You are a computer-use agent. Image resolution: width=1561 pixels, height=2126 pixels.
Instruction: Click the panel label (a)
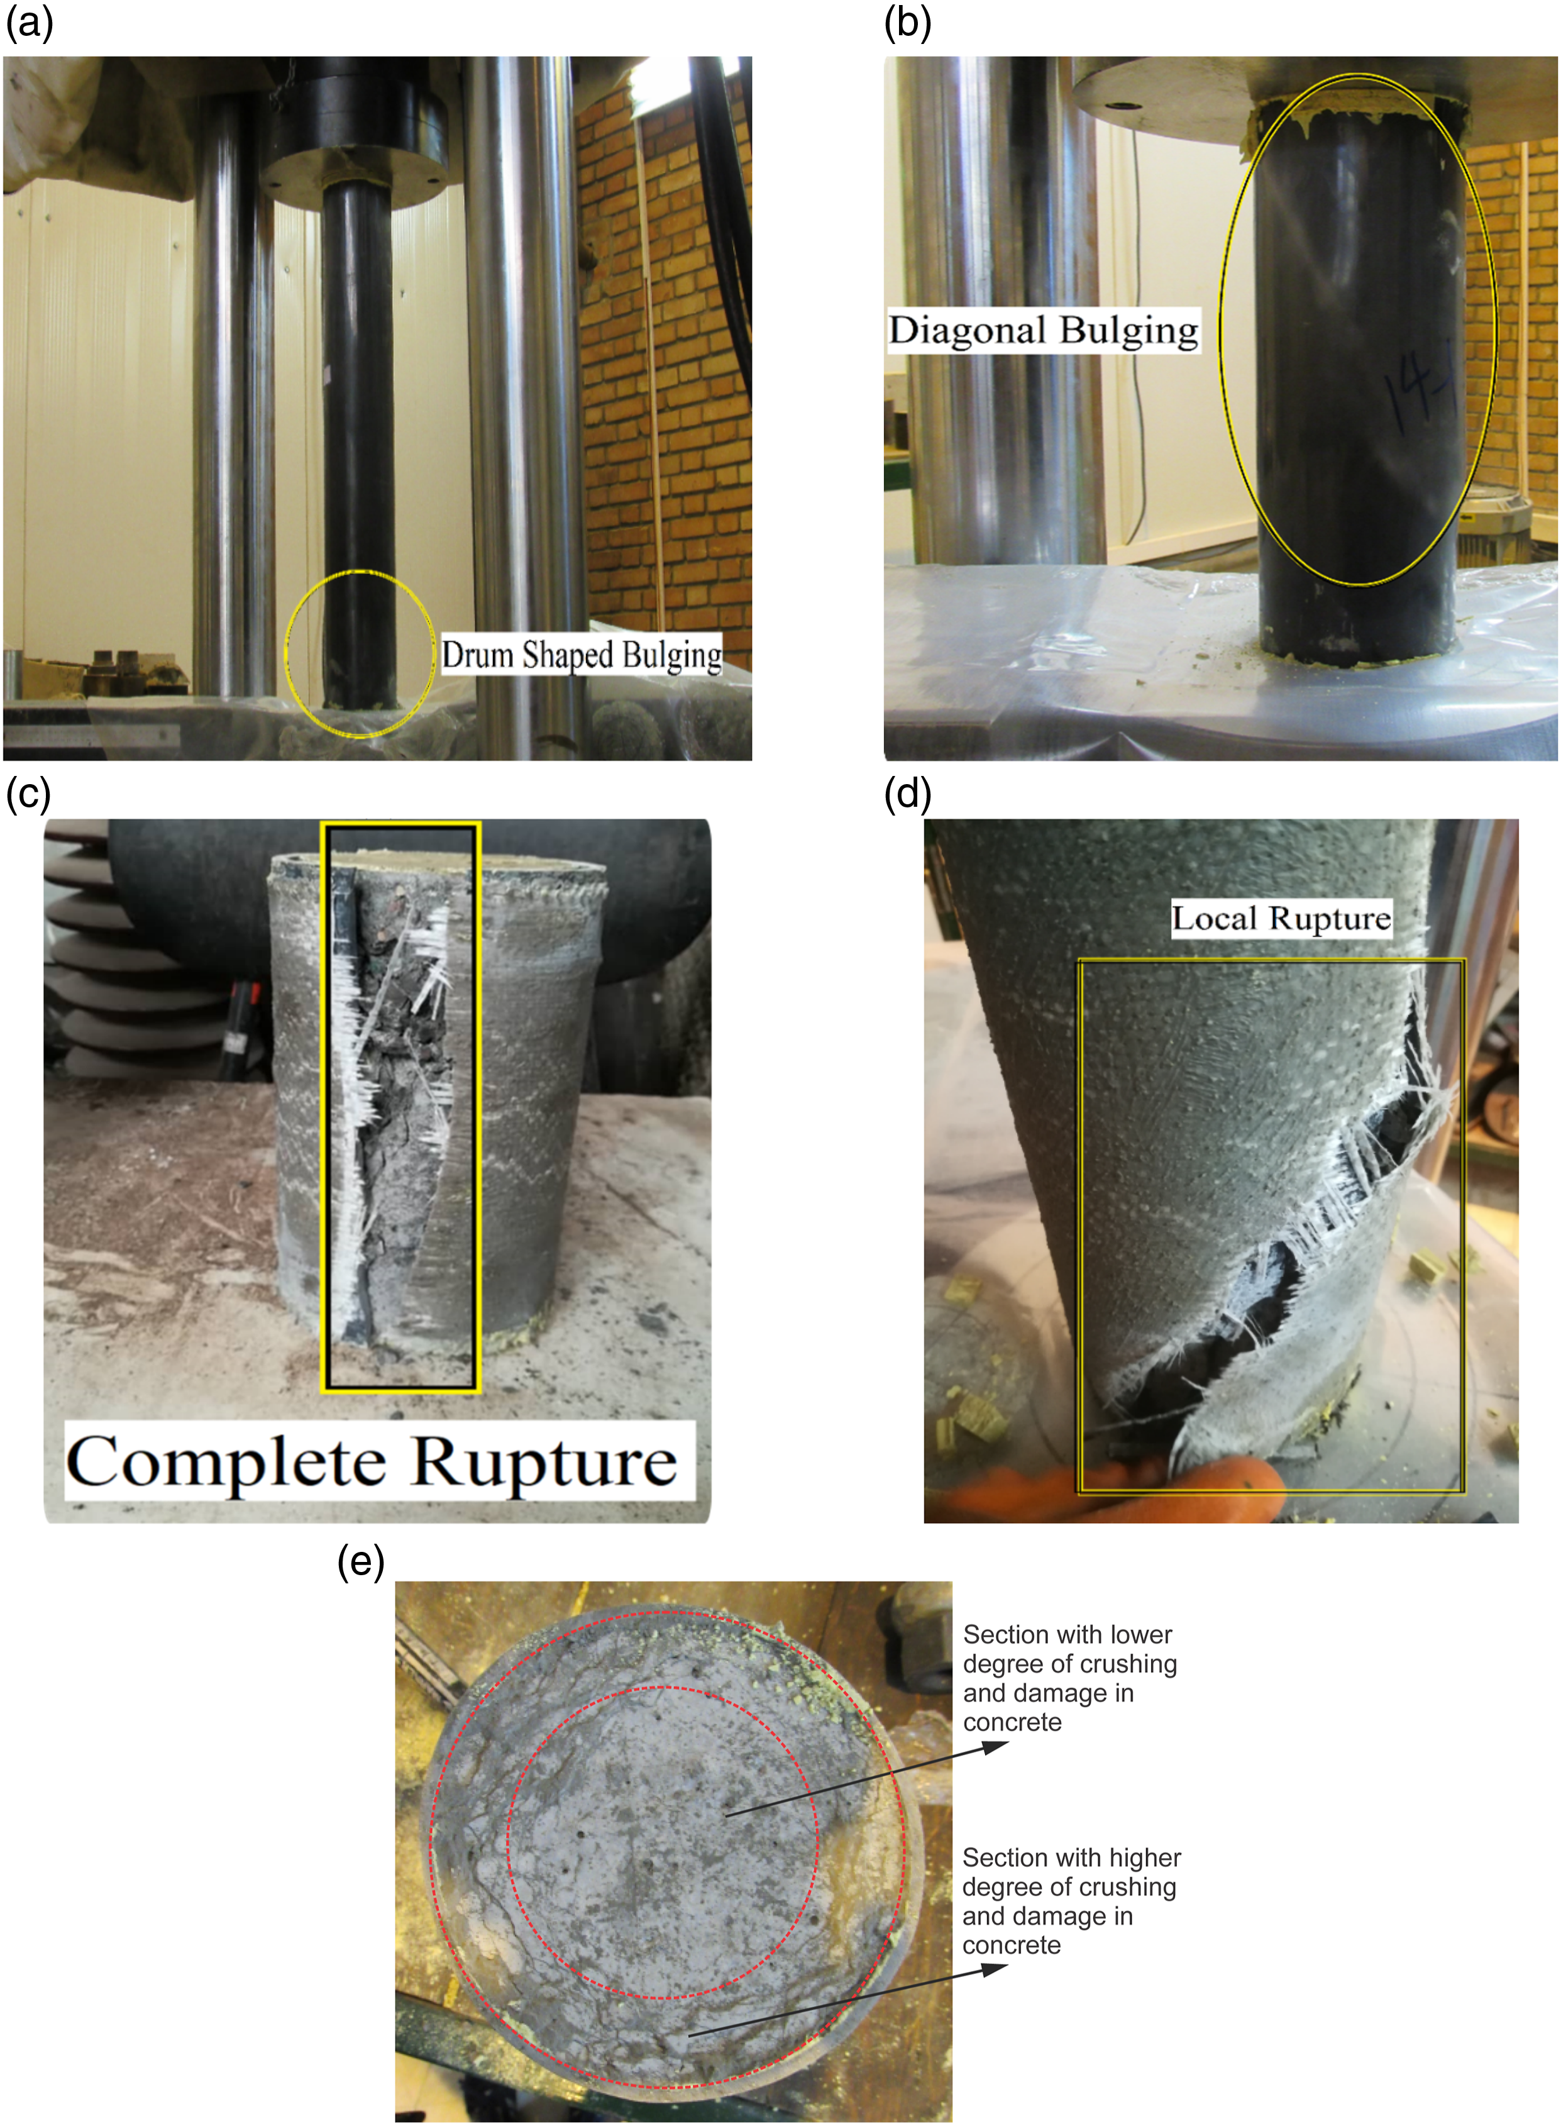(x=30, y=23)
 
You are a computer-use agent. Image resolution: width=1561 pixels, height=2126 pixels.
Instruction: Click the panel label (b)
(x=908, y=23)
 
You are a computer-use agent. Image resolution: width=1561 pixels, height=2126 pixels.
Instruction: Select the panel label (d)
(x=908, y=795)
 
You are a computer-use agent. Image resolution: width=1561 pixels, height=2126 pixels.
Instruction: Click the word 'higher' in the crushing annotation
(x=1145, y=1857)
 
